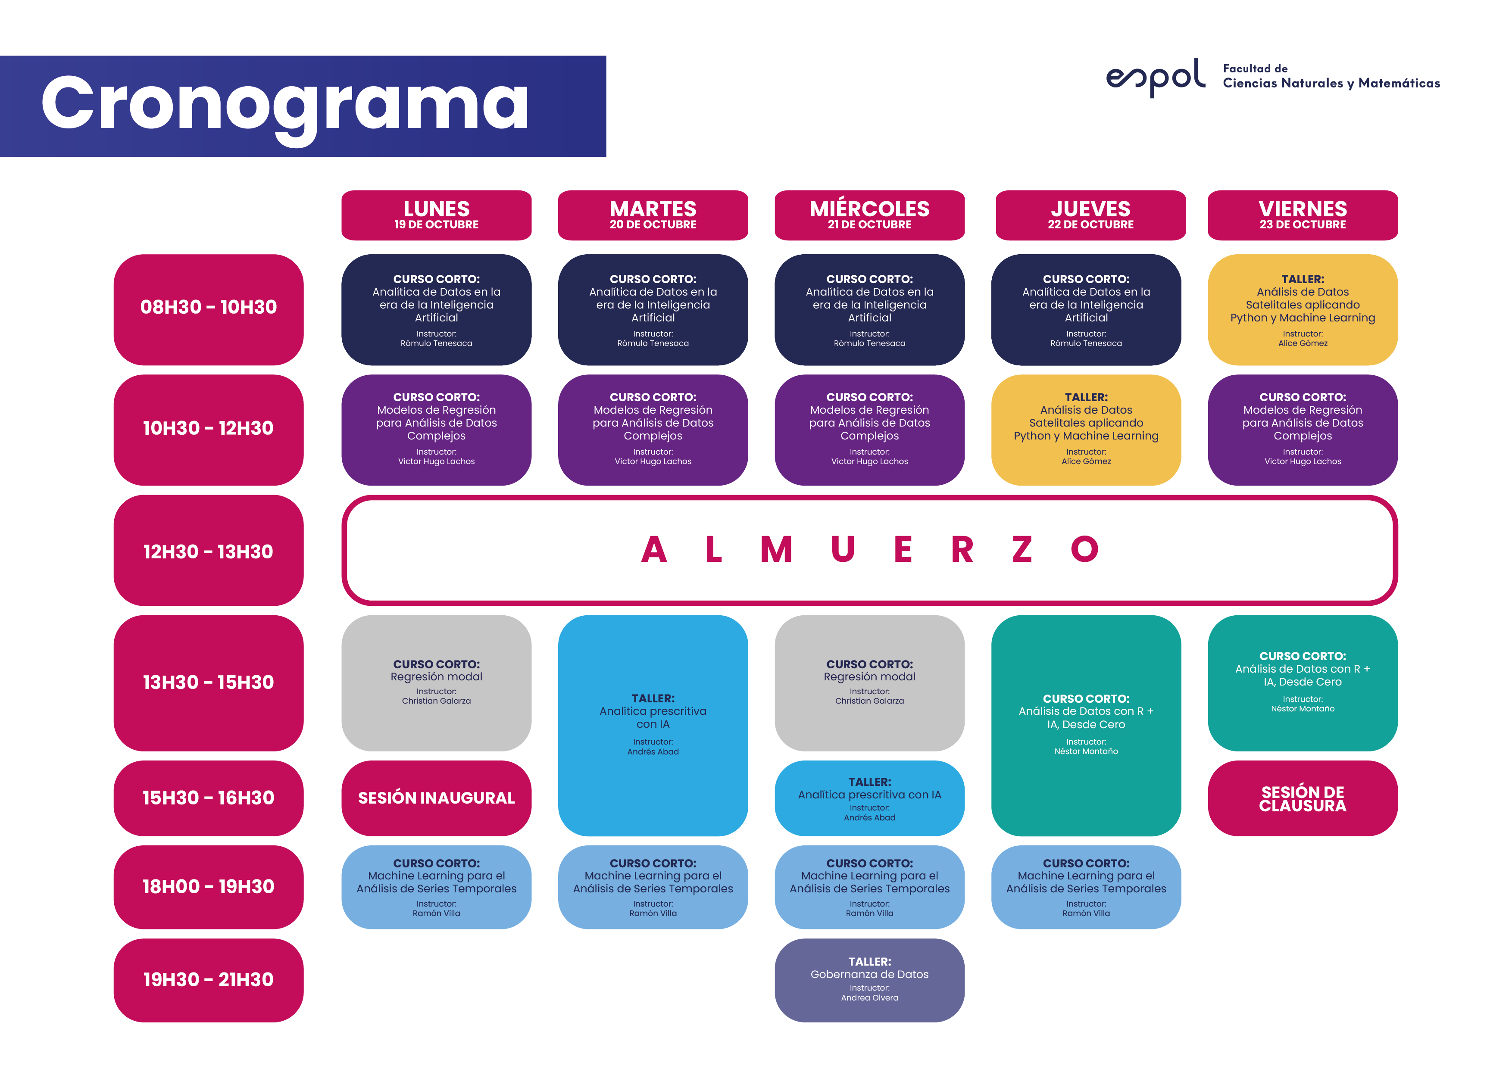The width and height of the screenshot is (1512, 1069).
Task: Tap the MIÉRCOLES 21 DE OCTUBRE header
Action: [x=869, y=215]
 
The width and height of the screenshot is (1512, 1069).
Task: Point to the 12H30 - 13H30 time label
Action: [x=208, y=551]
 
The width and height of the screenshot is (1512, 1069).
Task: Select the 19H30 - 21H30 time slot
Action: [x=208, y=980]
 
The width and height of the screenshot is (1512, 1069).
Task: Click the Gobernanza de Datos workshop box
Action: [x=869, y=980]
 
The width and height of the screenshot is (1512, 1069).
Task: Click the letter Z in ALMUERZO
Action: [x=1022, y=550]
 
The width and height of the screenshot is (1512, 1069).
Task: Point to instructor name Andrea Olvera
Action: [x=869, y=998]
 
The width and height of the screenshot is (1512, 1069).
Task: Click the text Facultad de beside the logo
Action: [x=1255, y=69]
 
